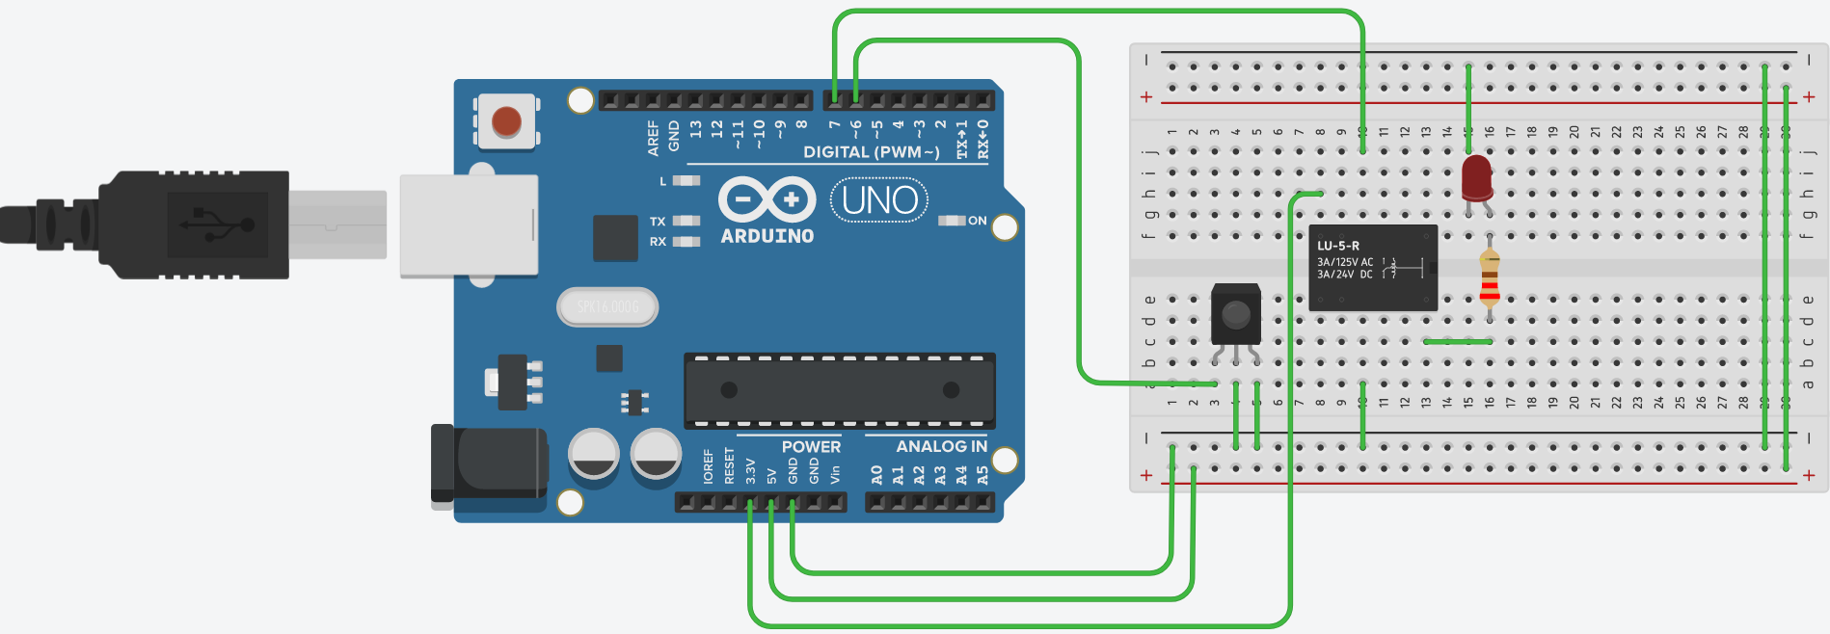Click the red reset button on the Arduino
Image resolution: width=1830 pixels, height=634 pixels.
(x=506, y=121)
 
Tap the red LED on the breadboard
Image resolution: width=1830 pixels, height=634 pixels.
(x=1476, y=178)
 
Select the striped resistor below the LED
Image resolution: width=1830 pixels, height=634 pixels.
(x=1490, y=277)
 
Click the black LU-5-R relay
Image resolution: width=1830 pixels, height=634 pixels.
(x=1372, y=268)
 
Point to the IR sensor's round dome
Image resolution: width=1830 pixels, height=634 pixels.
(x=1235, y=314)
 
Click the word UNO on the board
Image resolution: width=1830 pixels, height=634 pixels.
(x=879, y=200)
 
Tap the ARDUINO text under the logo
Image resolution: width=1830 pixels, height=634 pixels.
(x=767, y=236)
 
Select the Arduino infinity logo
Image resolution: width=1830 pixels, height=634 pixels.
(x=767, y=200)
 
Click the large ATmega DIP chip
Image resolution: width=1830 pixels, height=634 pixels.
(x=839, y=390)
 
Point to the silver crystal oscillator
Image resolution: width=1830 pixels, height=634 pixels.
(x=607, y=306)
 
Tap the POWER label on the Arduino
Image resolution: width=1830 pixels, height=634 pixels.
(x=811, y=446)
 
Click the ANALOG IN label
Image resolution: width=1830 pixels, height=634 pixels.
(x=941, y=446)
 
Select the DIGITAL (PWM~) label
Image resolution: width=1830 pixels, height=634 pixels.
(x=871, y=152)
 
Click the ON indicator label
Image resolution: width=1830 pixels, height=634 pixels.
(x=977, y=221)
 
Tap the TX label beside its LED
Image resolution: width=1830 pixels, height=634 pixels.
(x=658, y=222)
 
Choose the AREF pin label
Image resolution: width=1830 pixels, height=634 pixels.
(x=654, y=139)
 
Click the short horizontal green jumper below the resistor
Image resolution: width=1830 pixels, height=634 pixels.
(x=1458, y=341)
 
